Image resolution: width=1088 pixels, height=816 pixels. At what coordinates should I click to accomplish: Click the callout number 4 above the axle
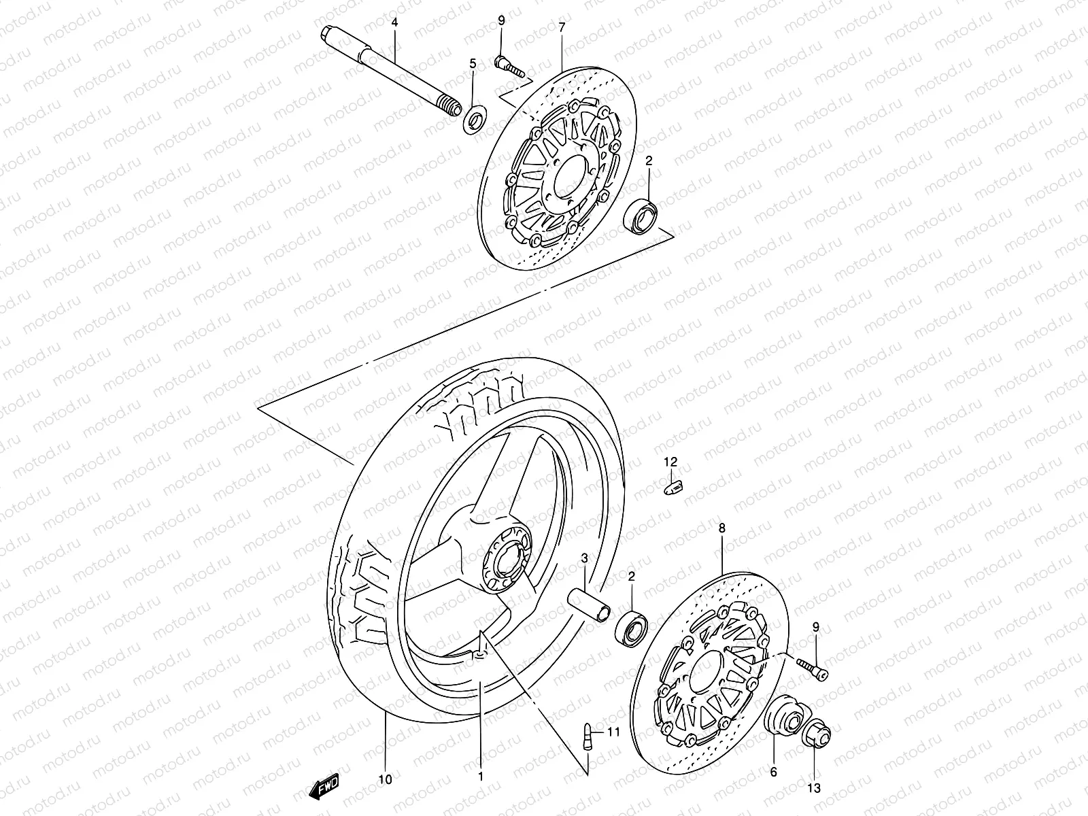pyautogui.click(x=394, y=22)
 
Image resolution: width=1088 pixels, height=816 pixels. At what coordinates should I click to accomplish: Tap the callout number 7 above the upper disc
pyautogui.click(x=562, y=27)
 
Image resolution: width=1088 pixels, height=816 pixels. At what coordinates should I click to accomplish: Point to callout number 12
pyautogui.click(x=670, y=462)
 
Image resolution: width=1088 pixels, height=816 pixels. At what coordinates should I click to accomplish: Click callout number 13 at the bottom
pyautogui.click(x=814, y=789)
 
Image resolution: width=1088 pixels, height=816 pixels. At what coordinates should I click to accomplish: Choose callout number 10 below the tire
pyautogui.click(x=385, y=780)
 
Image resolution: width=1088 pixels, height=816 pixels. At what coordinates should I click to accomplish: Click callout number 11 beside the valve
pyautogui.click(x=613, y=732)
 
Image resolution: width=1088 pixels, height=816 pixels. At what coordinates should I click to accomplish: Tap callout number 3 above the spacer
pyautogui.click(x=584, y=559)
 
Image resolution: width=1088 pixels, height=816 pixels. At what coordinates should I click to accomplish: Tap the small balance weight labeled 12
pyautogui.click(x=673, y=487)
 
